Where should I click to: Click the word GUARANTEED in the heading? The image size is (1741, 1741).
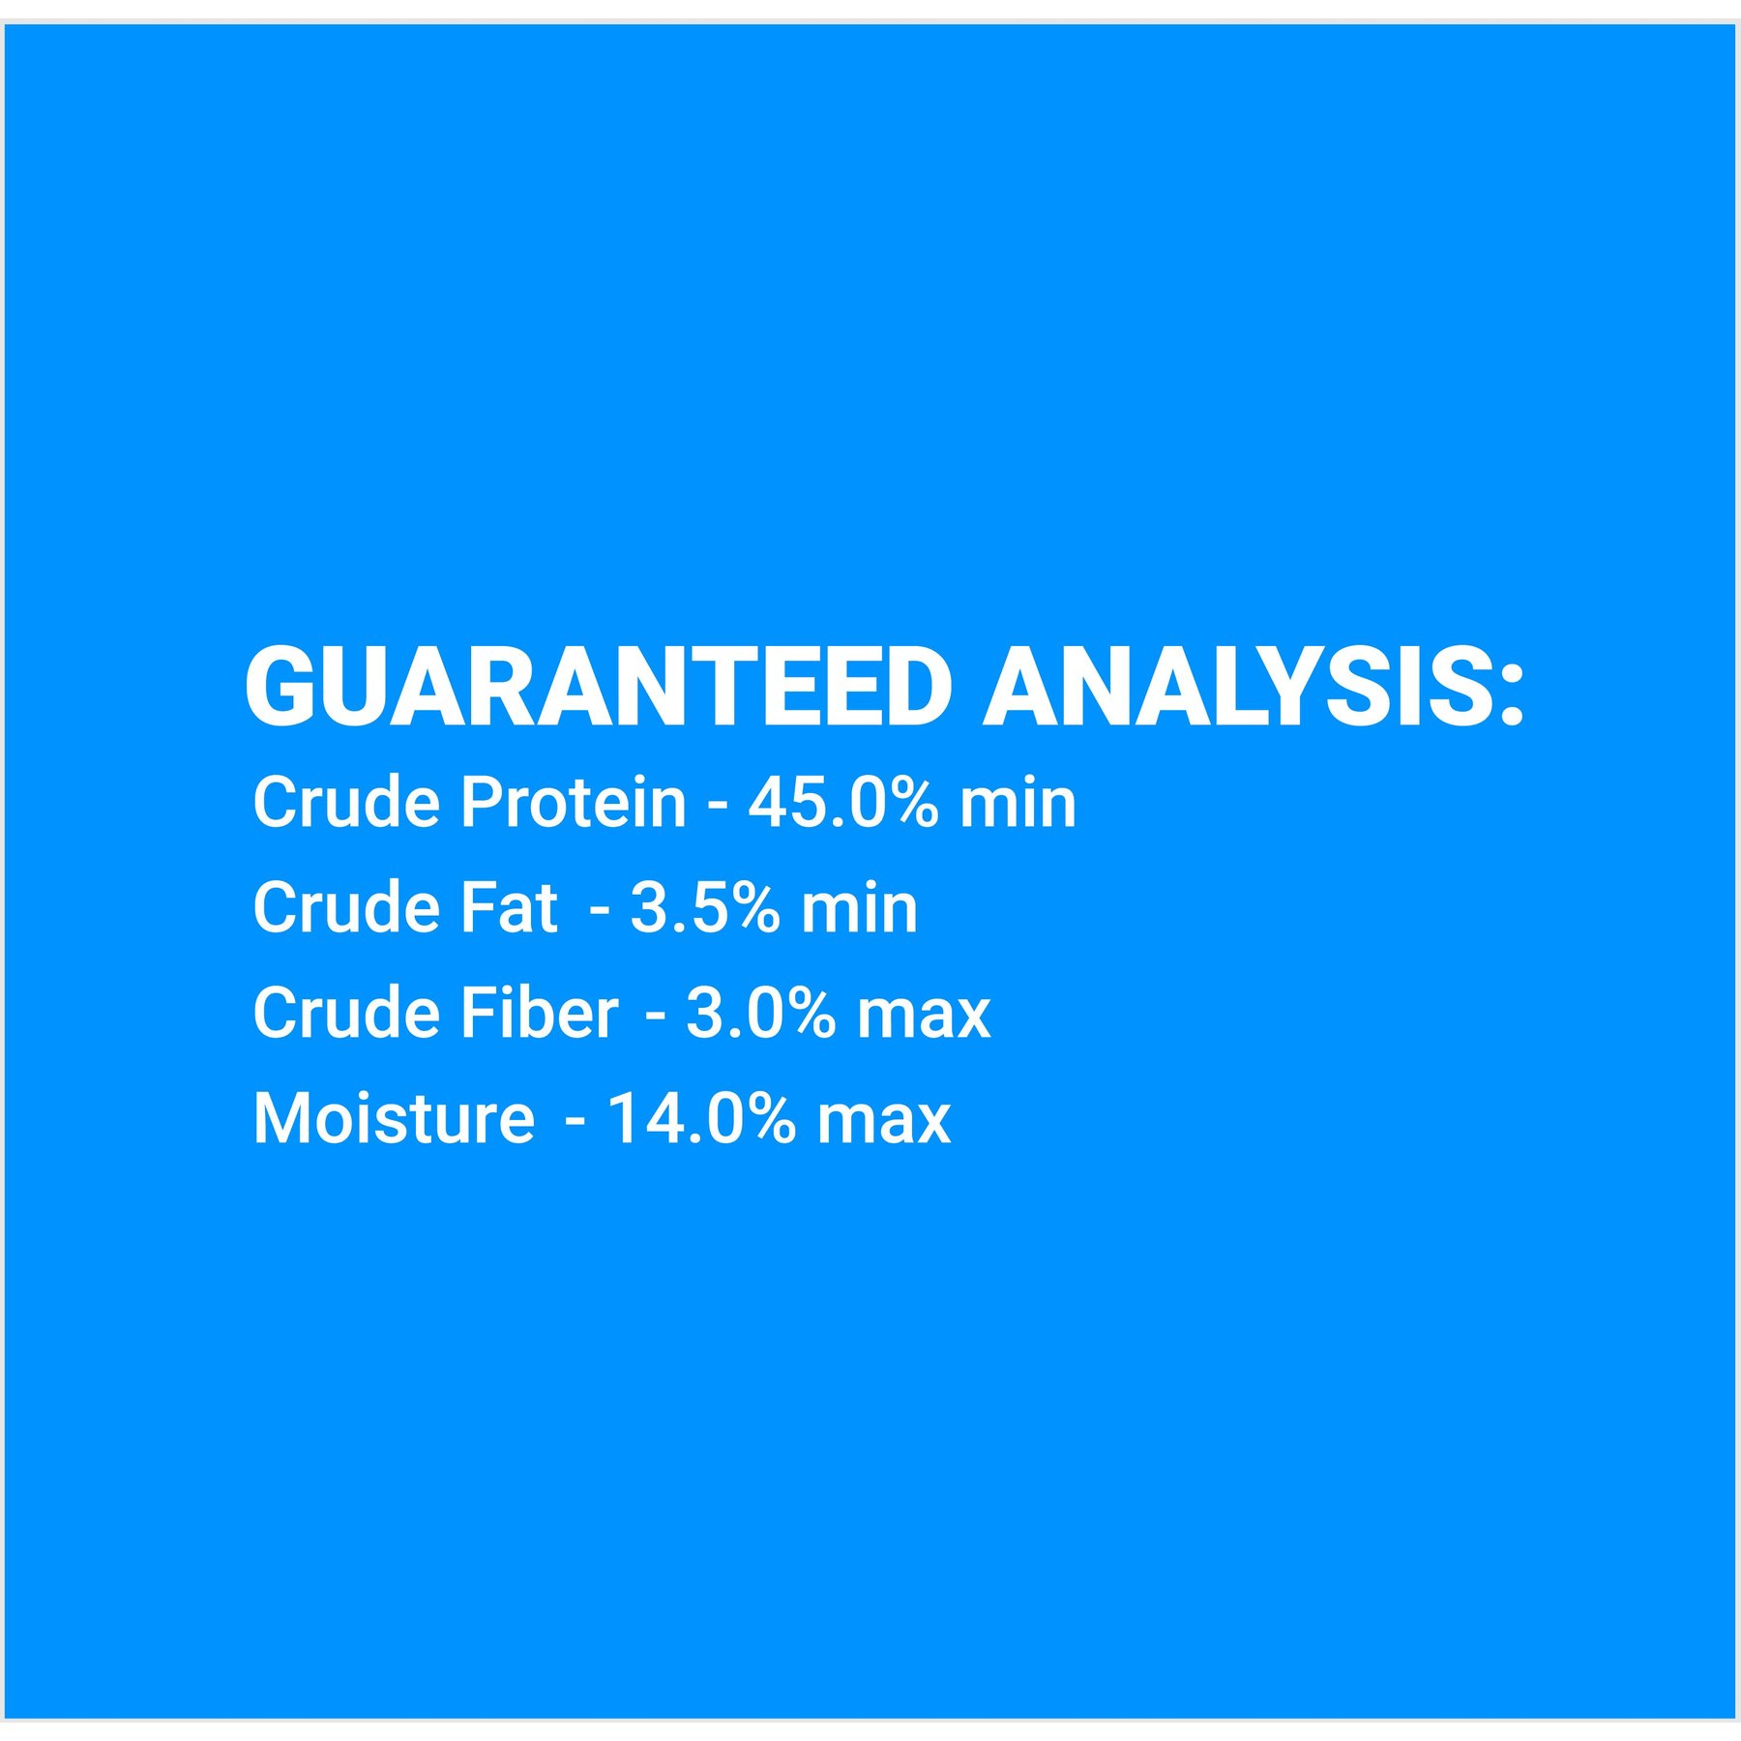tap(600, 686)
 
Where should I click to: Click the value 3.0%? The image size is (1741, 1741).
tap(761, 1013)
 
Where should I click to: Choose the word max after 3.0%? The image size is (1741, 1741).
tap(925, 1018)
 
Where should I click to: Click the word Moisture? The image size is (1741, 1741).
tap(394, 1118)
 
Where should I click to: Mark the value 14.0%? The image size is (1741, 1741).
tap(702, 1118)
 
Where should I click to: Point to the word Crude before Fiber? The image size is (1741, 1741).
tap(346, 1013)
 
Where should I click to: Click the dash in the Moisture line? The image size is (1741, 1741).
tap(575, 1122)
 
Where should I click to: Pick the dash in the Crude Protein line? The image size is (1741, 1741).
tap(717, 806)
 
